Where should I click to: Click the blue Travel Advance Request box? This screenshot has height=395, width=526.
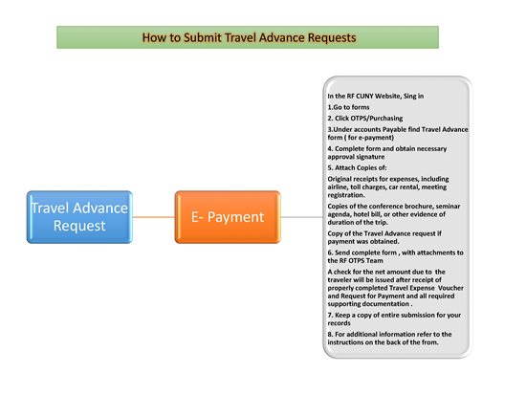tap(79, 217)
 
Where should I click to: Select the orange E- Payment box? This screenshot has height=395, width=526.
tap(228, 217)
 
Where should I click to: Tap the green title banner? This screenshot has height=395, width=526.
tap(248, 37)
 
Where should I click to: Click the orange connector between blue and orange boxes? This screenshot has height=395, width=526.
tap(154, 217)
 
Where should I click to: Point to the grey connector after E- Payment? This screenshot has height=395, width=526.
tap(302, 217)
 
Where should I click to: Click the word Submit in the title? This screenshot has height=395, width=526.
tap(203, 37)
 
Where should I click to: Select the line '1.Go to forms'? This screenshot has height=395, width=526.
tap(348, 107)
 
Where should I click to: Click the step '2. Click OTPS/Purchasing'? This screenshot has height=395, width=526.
tap(365, 119)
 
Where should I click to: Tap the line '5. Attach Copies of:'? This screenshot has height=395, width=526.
tap(357, 167)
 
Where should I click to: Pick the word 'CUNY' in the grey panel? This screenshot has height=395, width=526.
tap(364, 96)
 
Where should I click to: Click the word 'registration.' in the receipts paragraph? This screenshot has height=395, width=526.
tap(346, 195)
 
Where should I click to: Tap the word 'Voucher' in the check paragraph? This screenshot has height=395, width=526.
tap(450, 288)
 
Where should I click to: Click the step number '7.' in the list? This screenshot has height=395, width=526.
tap(331, 315)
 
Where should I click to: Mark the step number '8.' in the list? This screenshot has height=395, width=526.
tap(331, 334)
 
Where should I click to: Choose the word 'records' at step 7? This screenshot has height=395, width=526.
tap(340, 323)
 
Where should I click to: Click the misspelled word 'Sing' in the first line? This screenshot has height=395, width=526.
tap(409, 96)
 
